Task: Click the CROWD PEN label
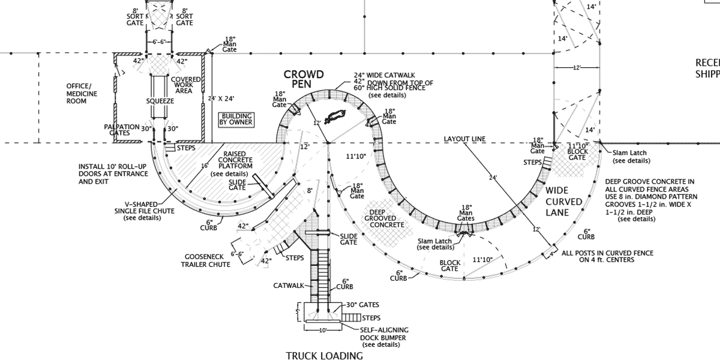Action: click(x=304, y=79)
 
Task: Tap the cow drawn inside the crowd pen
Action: click(x=335, y=116)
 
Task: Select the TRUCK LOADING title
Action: click(x=324, y=356)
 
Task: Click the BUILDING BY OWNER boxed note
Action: click(x=236, y=119)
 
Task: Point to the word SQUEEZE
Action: click(x=160, y=101)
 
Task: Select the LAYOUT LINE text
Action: click(x=464, y=139)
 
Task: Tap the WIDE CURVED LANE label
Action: click(x=563, y=202)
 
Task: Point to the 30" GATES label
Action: click(x=362, y=305)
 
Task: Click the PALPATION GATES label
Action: click(x=122, y=130)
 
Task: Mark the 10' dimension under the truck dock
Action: click(x=323, y=331)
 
